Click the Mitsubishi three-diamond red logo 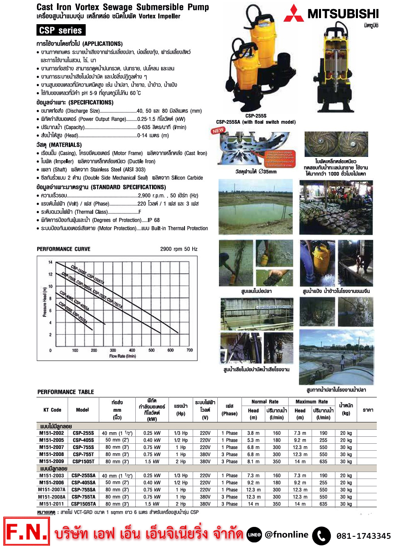(x=294, y=14)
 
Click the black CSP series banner (x=61, y=30)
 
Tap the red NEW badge (x=218, y=131)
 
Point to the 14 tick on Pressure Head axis (x=50, y=262)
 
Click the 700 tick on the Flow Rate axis (x=189, y=350)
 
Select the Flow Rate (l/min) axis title (x=122, y=356)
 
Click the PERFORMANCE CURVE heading (x=64, y=249)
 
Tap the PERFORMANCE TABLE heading (x=66, y=392)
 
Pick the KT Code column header (x=52, y=410)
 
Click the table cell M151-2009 (x=52, y=461)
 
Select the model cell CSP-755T (x=83, y=454)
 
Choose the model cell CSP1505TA (x=83, y=504)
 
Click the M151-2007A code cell (x=52, y=490)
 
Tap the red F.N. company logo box (x=27, y=531)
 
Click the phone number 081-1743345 (x=363, y=536)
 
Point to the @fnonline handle (x=286, y=535)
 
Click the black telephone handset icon (x=321, y=536)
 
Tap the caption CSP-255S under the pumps (x=256, y=116)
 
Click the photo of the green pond (x=256, y=206)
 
